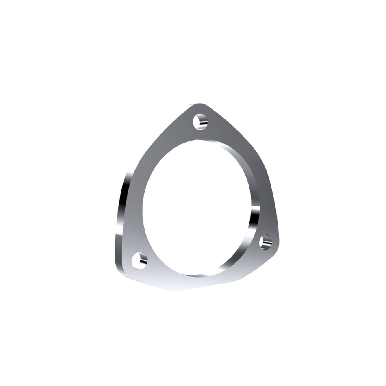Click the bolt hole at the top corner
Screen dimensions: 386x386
(200, 121)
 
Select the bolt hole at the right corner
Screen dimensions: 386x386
(266, 242)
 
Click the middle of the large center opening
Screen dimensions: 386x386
(199, 207)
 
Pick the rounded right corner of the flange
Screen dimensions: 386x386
(276, 244)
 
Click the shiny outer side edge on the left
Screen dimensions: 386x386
(122, 211)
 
